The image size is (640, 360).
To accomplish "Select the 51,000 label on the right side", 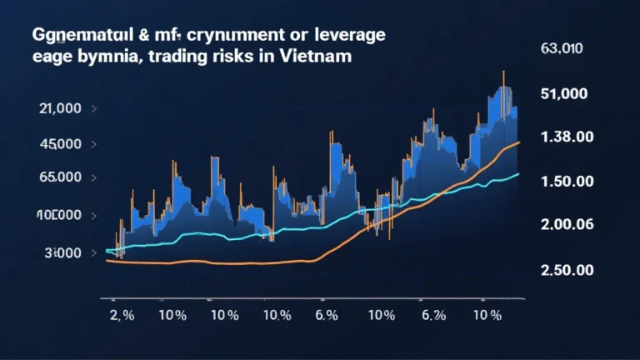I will click(565, 93).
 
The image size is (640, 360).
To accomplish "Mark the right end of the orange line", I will click(519, 142).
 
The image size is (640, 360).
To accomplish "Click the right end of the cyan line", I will click(518, 173).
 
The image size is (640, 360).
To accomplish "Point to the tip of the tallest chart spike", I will click(503, 72).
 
